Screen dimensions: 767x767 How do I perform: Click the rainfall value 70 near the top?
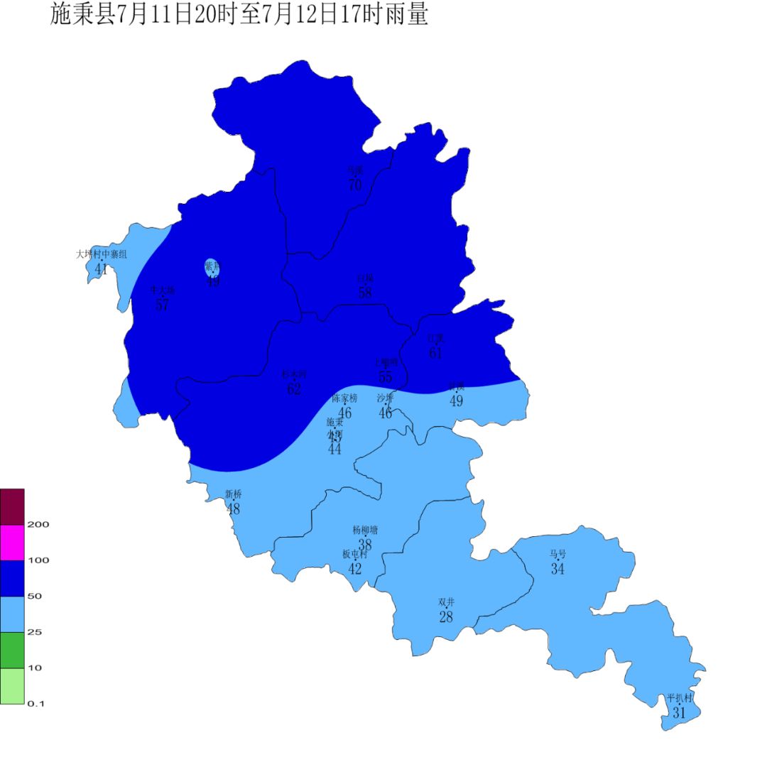point(355,185)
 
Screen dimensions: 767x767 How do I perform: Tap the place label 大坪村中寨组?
point(102,254)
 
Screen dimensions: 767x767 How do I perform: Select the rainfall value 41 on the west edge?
point(101,269)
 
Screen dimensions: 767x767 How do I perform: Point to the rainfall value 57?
point(162,305)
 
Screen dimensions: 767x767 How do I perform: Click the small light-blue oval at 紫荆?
point(212,268)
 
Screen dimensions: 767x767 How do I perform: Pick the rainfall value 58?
point(365,293)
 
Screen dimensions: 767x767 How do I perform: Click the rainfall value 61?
point(435,352)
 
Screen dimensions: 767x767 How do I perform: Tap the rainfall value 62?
point(294,389)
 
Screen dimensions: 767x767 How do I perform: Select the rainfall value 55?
point(386,377)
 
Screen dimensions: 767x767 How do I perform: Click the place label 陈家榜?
point(345,398)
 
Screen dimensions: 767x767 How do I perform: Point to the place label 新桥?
point(233,494)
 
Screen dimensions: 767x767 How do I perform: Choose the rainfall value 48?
point(233,509)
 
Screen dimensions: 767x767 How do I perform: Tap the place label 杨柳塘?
point(365,530)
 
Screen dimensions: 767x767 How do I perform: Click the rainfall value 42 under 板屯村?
point(355,569)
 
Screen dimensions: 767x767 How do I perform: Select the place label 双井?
point(446,602)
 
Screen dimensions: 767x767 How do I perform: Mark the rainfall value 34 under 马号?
point(557,569)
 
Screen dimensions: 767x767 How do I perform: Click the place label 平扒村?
point(679,698)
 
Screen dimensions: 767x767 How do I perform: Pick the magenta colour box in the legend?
point(12,543)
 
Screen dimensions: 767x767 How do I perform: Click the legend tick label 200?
point(38,525)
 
